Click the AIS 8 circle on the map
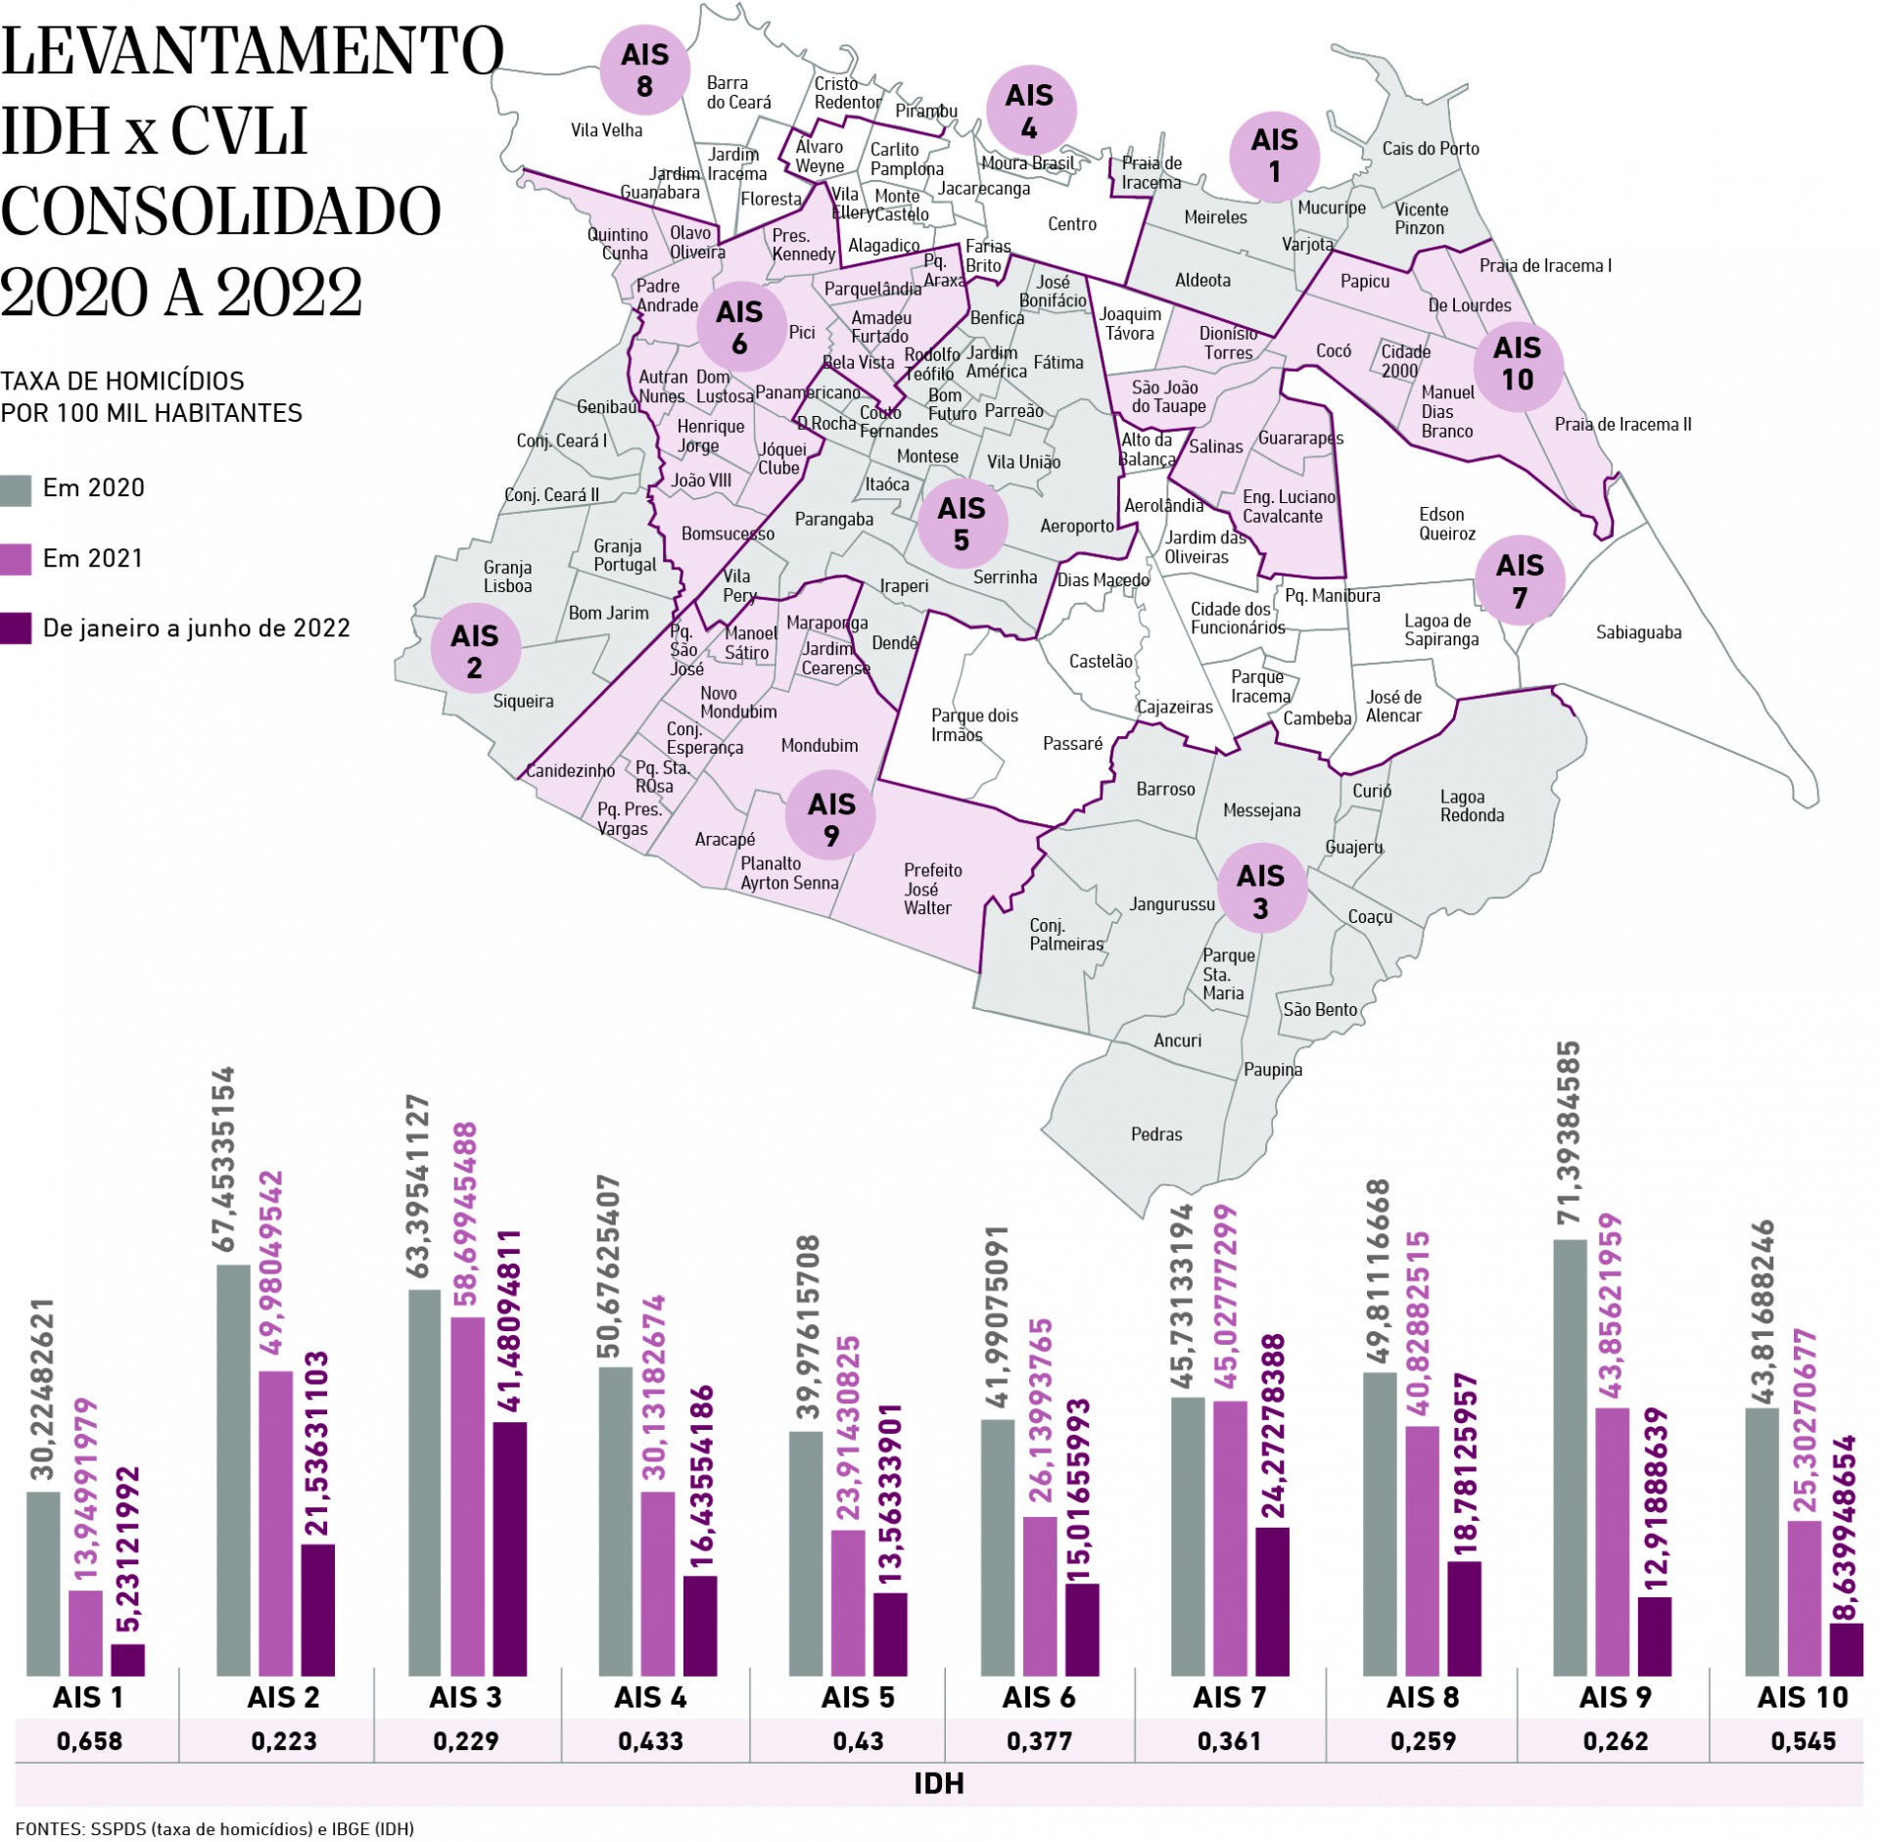pyautogui.click(x=644, y=70)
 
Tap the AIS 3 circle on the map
pyautogui.click(x=1260, y=891)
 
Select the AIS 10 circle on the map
pyautogui.click(x=1517, y=363)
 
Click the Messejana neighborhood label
pyautogui.click(x=1261, y=810)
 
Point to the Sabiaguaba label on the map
pyautogui.click(x=1638, y=632)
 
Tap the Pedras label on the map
pyautogui.click(x=1156, y=1134)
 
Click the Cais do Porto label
pyautogui.click(x=1430, y=149)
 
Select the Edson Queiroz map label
pyautogui.click(x=1446, y=524)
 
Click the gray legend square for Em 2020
pyautogui.click(x=17, y=489)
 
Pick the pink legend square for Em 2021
pyautogui.click(x=17, y=559)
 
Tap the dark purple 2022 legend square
pyautogui.click(x=17, y=628)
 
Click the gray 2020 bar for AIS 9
pyautogui.click(x=1570, y=1458)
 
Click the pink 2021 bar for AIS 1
pyautogui.click(x=85, y=1634)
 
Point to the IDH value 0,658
pyautogui.click(x=90, y=1741)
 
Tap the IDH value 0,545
pyautogui.click(x=1803, y=1741)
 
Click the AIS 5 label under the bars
pyautogui.click(x=858, y=1697)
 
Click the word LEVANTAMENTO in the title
pyautogui.click(x=252, y=53)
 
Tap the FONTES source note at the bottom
pyautogui.click(x=214, y=1828)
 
